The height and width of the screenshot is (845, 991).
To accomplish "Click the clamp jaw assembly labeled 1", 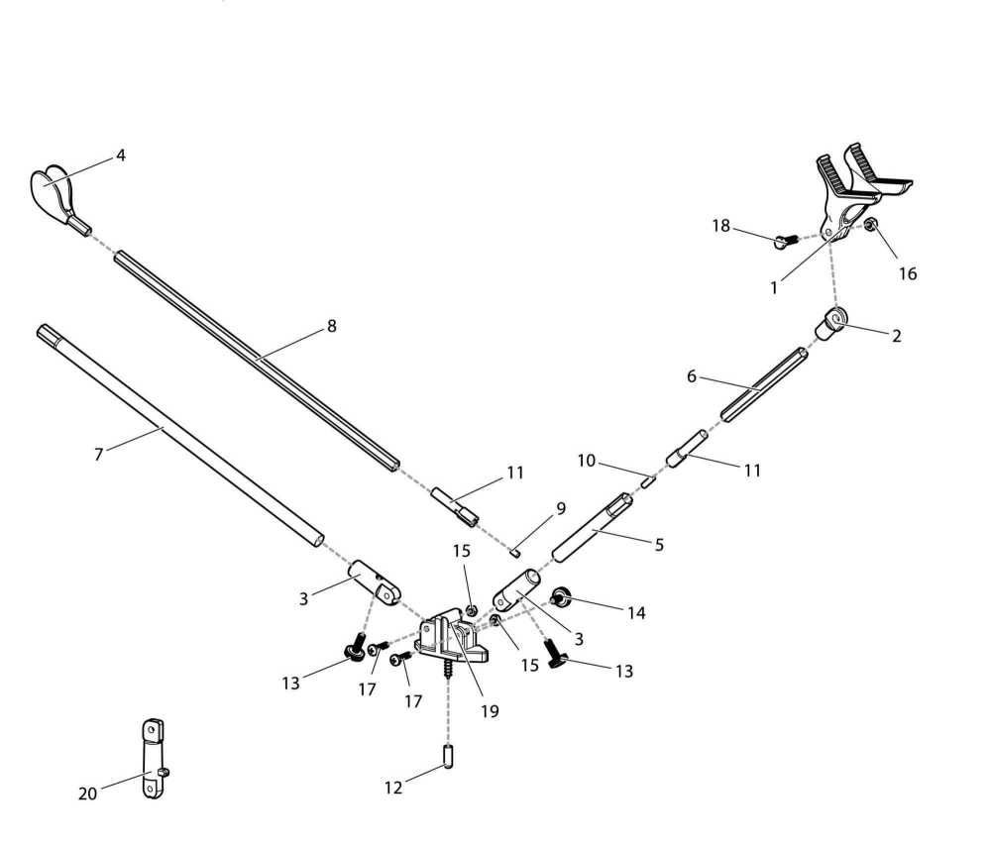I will click(x=852, y=193).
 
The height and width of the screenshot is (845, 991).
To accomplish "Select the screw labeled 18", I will click(x=786, y=237).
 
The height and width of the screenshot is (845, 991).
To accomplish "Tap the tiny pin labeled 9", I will click(x=516, y=550).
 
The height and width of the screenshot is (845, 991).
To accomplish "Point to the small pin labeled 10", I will click(x=648, y=481).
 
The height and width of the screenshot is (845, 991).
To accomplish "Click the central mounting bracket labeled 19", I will click(x=451, y=638).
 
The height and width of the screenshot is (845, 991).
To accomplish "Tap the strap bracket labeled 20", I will click(x=154, y=761).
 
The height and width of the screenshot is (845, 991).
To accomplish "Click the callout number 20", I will click(x=88, y=793).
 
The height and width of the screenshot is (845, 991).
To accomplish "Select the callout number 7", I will click(x=98, y=455).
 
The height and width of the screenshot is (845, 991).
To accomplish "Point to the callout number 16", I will click(x=908, y=274).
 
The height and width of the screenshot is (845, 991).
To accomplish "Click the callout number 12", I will click(x=393, y=788).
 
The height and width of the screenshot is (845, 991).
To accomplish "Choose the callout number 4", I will click(x=121, y=156).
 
